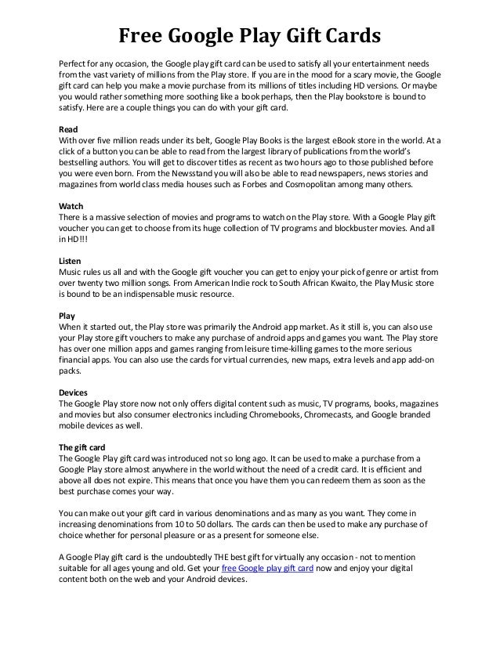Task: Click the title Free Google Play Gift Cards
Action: (x=249, y=35)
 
